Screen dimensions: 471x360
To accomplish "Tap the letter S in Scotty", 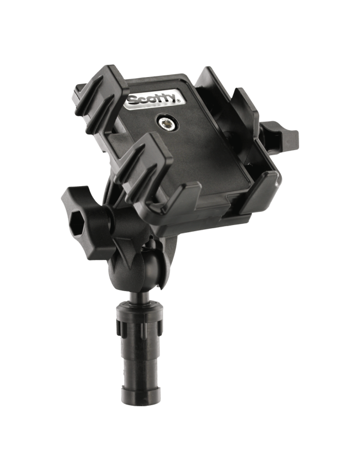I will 133,101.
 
